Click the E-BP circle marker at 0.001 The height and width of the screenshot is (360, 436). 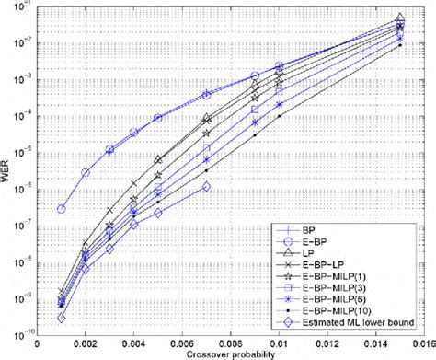pos(62,209)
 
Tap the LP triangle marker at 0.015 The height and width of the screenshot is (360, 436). pos(399,17)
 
